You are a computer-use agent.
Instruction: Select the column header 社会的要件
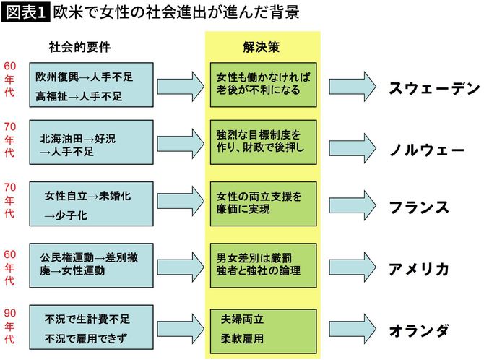click(77, 46)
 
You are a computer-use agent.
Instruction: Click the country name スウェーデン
click(433, 88)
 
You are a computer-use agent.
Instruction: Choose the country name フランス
click(419, 207)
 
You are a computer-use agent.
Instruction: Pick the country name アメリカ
click(419, 269)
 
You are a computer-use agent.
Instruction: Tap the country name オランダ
click(419, 330)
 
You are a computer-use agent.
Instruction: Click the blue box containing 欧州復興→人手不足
click(91, 85)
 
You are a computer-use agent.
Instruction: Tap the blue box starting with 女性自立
click(91, 205)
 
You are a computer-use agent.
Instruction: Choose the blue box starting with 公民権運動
click(91, 265)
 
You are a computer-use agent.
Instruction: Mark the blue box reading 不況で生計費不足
click(91, 326)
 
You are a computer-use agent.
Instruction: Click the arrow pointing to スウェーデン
click(345, 85)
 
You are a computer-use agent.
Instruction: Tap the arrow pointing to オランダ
click(345, 328)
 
